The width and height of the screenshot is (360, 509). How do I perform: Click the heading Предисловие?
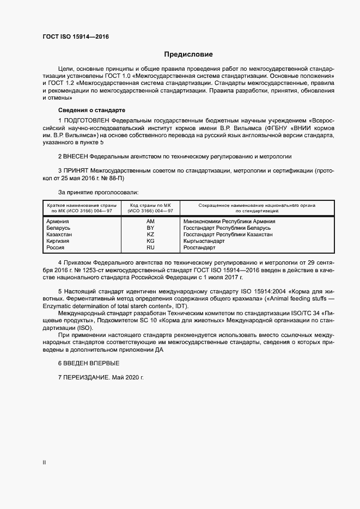coord(188,54)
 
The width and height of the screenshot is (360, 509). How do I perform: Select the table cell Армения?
coord(58,222)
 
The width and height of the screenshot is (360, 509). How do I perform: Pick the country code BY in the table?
coord(151,228)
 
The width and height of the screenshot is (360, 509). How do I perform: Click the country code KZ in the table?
coord(151,235)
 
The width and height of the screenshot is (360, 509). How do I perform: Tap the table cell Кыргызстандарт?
coord(204,241)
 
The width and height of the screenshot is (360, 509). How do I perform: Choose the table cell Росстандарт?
coord(199,248)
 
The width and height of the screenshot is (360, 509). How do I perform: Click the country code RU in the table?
coord(151,248)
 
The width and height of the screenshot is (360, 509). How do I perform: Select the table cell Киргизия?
coord(59,241)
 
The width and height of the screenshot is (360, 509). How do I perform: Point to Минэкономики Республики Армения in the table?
coord(229,222)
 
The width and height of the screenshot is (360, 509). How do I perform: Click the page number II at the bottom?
coord(44,462)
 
